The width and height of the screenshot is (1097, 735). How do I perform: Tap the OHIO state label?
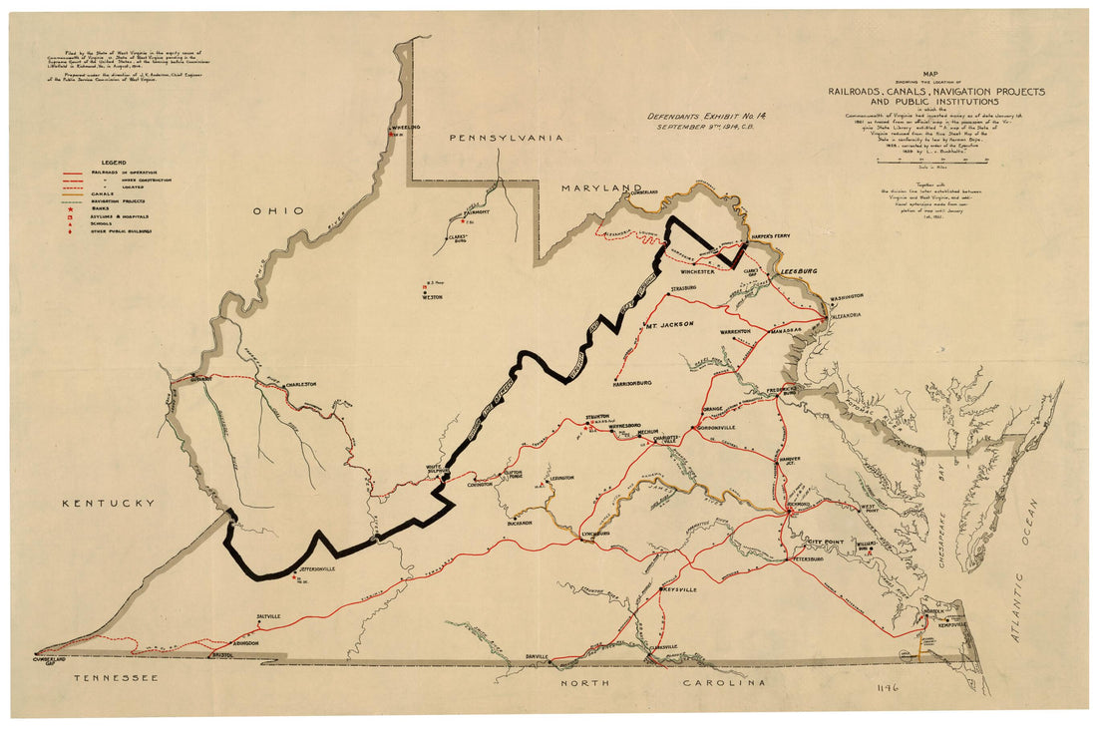(278, 210)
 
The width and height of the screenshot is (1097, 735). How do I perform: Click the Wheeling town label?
(406, 128)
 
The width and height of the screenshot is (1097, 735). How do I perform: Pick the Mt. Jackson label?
(668, 324)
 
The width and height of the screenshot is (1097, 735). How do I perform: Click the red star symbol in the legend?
(69, 206)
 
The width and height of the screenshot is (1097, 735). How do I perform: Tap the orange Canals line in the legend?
(70, 192)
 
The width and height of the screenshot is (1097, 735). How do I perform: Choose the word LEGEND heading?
(112, 162)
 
